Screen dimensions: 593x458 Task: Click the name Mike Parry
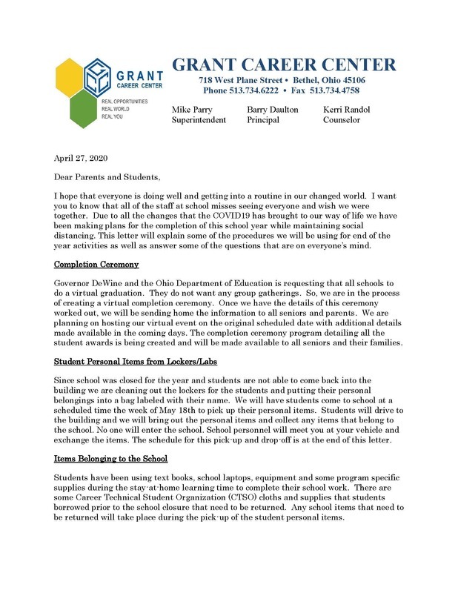click(192, 110)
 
